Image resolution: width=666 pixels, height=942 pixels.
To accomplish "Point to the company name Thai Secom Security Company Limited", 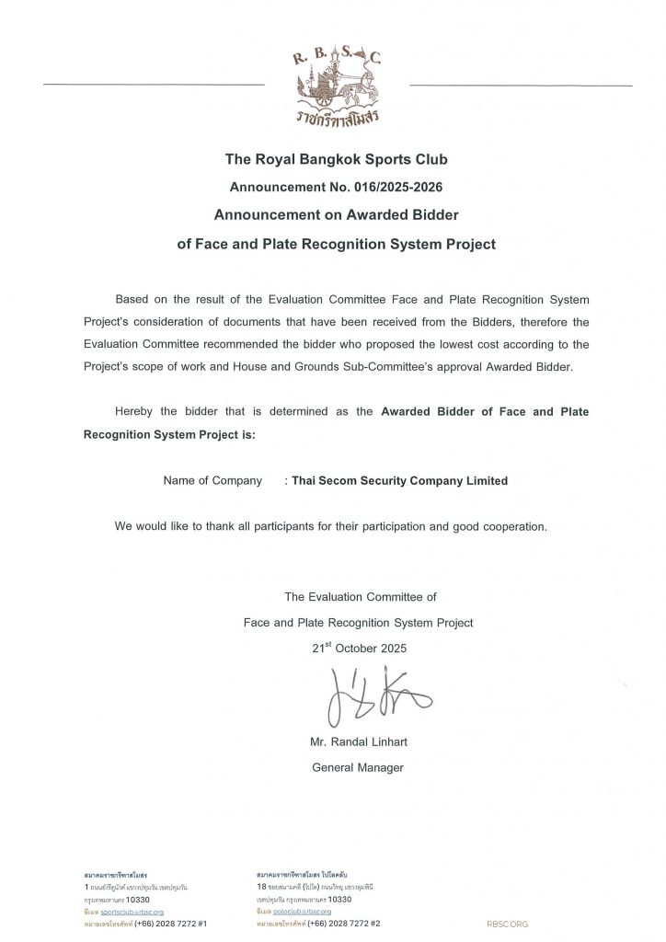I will tap(400, 480).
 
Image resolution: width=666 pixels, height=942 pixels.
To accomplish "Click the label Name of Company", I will tap(212, 480).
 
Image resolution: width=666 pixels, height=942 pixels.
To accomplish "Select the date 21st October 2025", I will tap(359, 648).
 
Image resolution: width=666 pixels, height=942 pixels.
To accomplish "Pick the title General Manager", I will tap(358, 767).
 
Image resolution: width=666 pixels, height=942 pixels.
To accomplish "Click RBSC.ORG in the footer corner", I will tap(508, 922).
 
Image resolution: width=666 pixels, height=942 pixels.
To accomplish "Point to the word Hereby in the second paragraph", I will tap(133, 411).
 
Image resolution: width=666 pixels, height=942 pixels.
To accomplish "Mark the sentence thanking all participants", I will tap(330, 527).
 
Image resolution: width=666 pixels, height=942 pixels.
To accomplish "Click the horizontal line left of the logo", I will tap(154, 85).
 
